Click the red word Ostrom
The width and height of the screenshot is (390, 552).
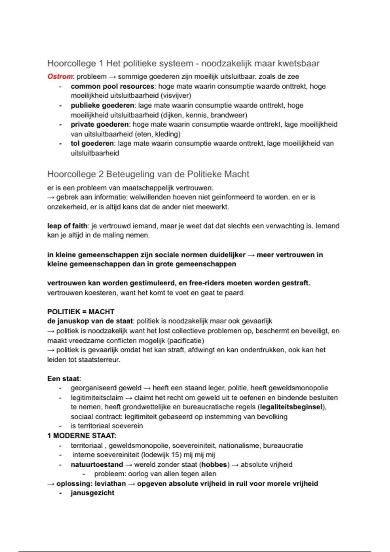[60, 77]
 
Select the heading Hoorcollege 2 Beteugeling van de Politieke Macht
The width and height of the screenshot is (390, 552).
[148, 174]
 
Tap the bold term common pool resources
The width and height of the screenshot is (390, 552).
[112, 86]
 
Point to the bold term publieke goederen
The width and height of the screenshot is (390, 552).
[102, 106]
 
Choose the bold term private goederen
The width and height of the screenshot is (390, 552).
[100, 124]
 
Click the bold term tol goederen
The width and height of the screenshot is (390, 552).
[92, 144]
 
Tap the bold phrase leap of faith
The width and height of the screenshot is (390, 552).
[67, 226]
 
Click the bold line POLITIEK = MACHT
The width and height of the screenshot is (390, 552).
[81, 312]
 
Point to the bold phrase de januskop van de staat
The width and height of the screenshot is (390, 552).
[90, 321]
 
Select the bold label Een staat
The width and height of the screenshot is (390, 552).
[63, 379]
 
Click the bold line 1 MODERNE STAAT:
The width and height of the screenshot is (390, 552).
[82, 436]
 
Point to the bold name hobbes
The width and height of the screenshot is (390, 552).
[214, 465]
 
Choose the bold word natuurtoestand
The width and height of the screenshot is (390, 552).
[97, 465]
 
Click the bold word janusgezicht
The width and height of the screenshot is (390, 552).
[93, 493]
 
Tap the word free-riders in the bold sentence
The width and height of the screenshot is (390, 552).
[206, 283]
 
